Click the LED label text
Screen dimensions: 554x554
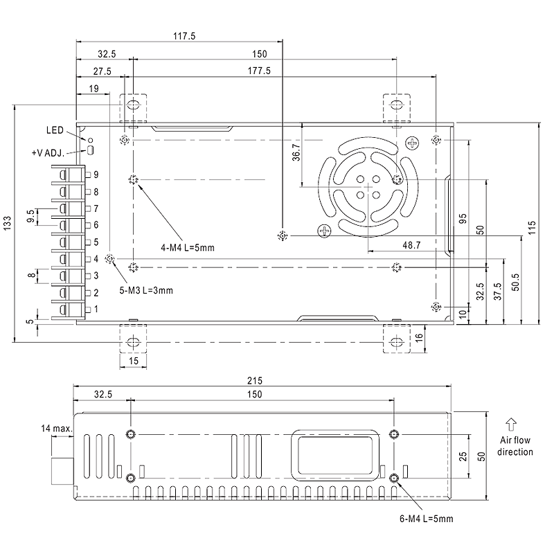55,129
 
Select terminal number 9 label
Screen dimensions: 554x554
96,174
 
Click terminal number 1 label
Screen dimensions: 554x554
96,309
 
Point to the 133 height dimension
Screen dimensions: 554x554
8,222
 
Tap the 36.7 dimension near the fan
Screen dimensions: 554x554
295,153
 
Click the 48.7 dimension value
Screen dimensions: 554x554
392,245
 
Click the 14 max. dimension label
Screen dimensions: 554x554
56,430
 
